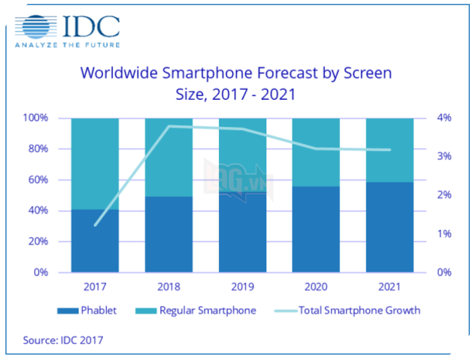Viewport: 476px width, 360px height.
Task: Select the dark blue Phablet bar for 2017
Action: click(x=94, y=241)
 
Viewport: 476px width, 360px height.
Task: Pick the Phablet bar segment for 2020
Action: click(x=316, y=229)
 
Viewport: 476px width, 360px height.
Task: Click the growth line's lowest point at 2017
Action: click(x=95, y=225)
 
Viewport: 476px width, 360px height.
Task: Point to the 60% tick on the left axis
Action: click(x=37, y=180)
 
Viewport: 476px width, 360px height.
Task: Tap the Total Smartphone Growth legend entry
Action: click(x=348, y=310)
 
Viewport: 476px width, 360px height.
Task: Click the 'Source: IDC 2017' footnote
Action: click(x=63, y=339)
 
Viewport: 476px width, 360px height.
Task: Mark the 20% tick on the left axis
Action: click(x=37, y=242)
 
